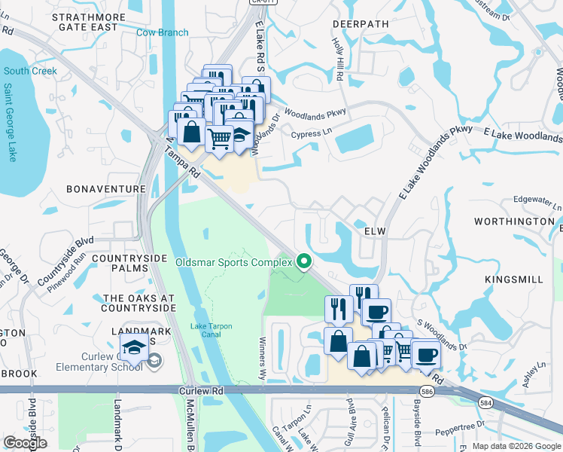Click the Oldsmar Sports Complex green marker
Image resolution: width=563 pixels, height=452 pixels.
coord(305,261)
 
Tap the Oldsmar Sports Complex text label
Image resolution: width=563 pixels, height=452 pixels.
coord(233,262)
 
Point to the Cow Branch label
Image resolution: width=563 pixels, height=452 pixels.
coord(162,32)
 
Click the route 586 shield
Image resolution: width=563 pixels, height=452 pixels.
coord(449,392)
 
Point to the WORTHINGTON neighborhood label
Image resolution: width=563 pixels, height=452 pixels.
coord(514,221)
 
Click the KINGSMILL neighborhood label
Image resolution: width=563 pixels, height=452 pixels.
coord(514,279)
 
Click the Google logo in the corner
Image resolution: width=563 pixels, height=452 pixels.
coord(26,442)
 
